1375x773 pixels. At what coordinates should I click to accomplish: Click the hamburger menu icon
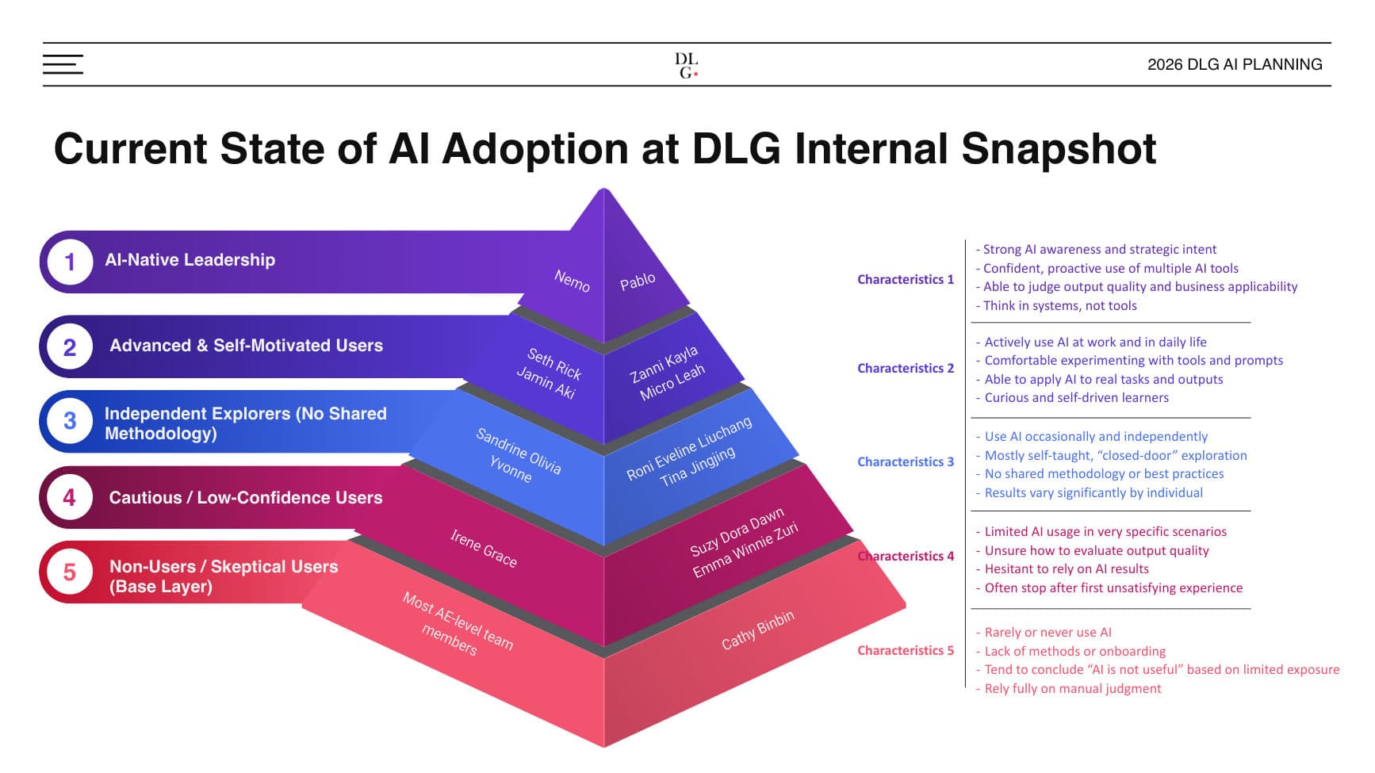click(x=63, y=64)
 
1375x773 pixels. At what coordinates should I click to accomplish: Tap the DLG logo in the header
click(x=686, y=65)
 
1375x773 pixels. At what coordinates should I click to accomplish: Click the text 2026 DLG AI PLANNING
click(x=1234, y=64)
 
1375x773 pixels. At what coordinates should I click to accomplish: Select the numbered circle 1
click(x=70, y=262)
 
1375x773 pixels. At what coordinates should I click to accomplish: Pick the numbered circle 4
click(x=70, y=497)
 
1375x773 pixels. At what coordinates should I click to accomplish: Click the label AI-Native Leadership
click(x=190, y=260)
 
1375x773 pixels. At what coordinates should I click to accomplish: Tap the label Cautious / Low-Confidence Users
click(x=245, y=498)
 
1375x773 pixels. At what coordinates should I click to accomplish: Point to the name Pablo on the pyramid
click(x=638, y=281)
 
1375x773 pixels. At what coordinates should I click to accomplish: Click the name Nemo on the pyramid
click(x=572, y=280)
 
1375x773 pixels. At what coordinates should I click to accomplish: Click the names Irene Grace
click(x=483, y=548)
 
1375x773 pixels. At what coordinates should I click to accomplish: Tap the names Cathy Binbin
click(x=757, y=630)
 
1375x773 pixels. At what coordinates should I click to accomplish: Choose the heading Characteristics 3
click(x=905, y=461)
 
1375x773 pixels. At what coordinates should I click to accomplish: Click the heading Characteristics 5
click(x=905, y=650)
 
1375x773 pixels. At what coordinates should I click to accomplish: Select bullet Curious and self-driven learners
click(x=1075, y=397)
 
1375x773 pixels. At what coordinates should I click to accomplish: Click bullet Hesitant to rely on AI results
click(x=1066, y=568)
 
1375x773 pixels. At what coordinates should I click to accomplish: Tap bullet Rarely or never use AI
click(x=1047, y=632)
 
